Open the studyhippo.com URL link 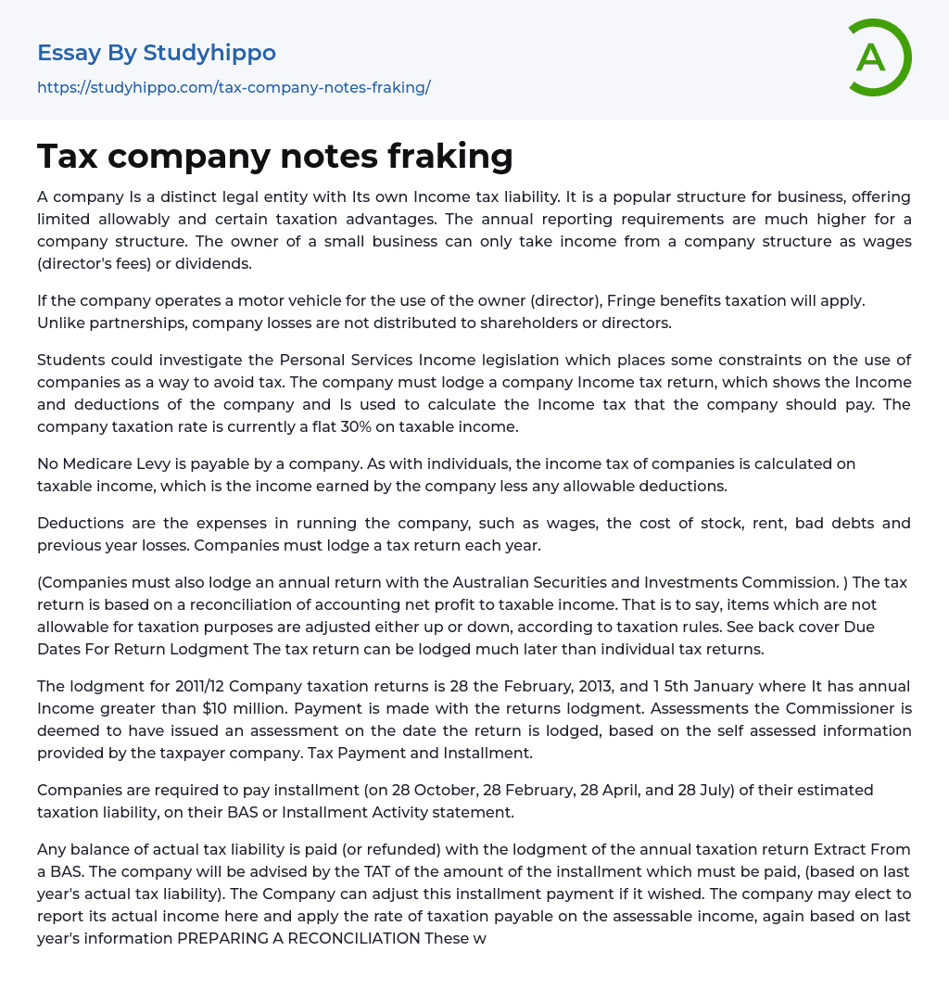234,87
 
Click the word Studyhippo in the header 209,53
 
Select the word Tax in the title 68,156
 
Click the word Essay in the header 69,53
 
